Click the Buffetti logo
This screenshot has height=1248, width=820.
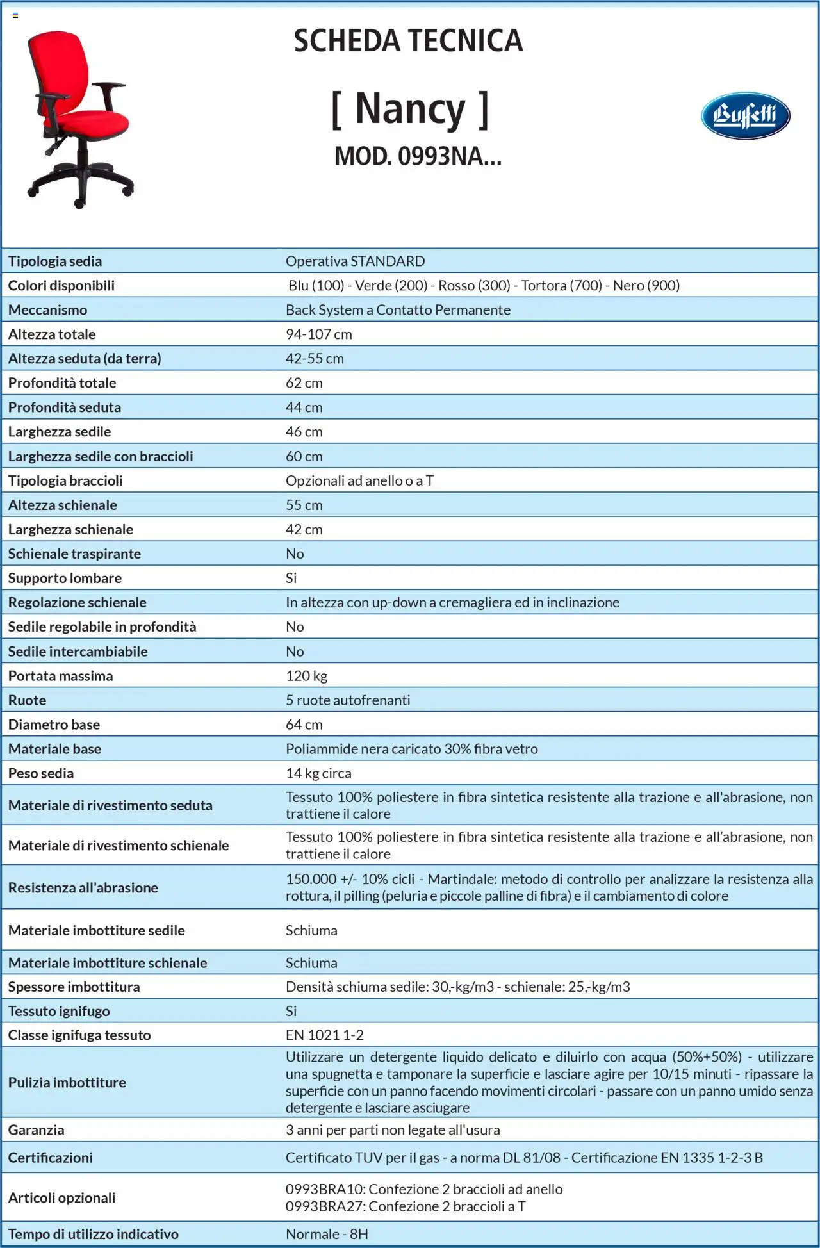tap(745, 116)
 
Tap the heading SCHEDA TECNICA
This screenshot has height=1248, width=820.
tap(409, 41)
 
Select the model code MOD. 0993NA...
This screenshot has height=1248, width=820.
tap(418, 156)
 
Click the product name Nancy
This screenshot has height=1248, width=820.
tap(410, 109)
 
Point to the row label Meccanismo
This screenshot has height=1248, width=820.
tap(47, 310)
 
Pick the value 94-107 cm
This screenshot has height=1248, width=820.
tap(318, 334)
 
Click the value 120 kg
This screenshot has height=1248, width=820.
tap(306, 676)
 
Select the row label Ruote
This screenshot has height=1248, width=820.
tap(27, 700)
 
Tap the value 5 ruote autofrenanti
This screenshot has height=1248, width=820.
tap(348, 700)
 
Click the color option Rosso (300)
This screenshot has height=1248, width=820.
tap(474, 286)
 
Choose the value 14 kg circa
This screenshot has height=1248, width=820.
tap(318, 773)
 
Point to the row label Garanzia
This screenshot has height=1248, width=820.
tap(36, 1130)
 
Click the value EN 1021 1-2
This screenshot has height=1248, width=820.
tap(324, 1035)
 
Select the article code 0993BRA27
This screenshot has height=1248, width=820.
tap(325, 1206)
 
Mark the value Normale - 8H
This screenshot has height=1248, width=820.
tap(327, 1234)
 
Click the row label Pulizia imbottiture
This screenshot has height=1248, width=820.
tap(67, 1082)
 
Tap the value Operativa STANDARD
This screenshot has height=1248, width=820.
tap(355, 261)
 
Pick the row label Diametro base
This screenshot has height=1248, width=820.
tap(54, 725)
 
